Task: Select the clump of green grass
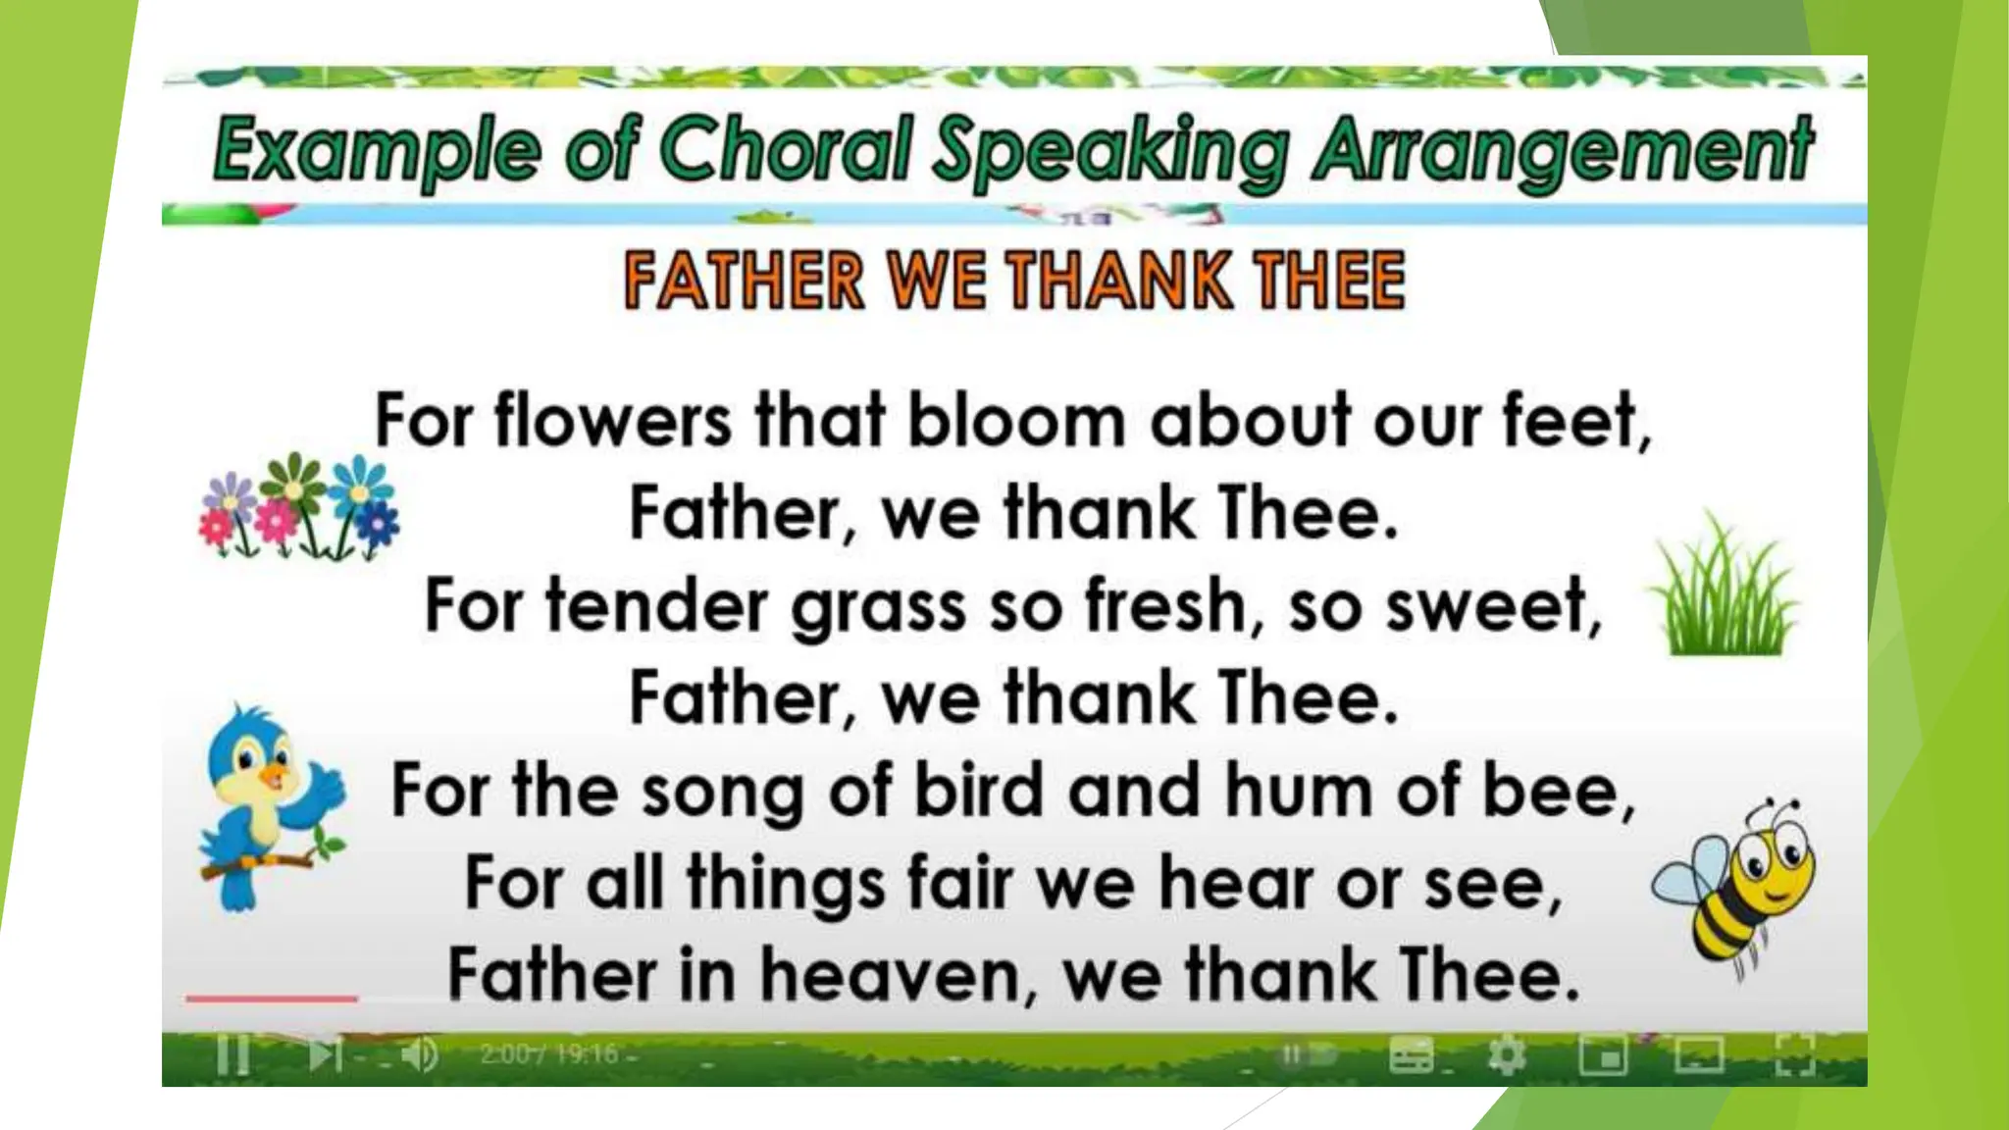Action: click(1725, 589)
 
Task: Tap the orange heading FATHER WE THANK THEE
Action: click(1014, 281)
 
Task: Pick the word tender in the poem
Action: click(656, 605)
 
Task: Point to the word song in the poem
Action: click(721, 793)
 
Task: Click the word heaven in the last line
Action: click(890, 975)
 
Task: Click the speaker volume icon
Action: click(420, 1055)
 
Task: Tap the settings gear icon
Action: click(1506, 1056)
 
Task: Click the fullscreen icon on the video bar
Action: click(1794, 1056)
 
